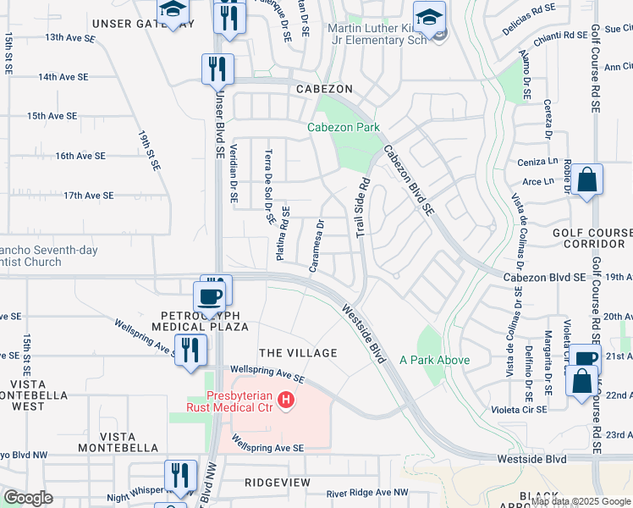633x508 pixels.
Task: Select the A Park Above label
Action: pyautogui.click(x=435, y=360)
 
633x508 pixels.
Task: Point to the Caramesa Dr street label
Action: pyautogui.click(x=317, y=246)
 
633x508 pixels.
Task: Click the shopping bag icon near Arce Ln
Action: pyautogui.click(x=586, y=180)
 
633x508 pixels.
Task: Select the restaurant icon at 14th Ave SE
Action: pyautogui.click(x=217, y=69)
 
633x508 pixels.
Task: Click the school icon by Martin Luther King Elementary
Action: pyautogui.click(x=429, y=18)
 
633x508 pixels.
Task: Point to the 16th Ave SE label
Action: pyautogui.click(x=80, y=156)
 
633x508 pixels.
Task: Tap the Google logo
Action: pyautogui.click(x=28, y=498)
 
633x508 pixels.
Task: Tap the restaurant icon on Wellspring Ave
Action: pyautogui.click(x=190, y=349)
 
